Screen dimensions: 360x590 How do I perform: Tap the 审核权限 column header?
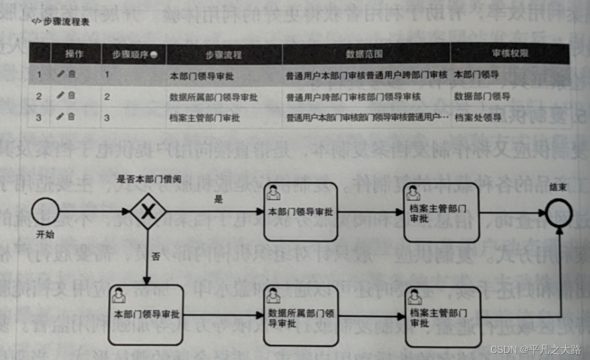click(x=510, y=54)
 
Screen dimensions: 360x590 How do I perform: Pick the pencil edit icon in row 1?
click(x=60, y=75)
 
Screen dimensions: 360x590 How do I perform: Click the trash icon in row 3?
click(x=71, y=117)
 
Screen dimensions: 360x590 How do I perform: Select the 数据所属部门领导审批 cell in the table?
click(x=214, y=97)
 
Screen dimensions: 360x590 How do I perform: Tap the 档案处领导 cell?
click(x=478, y=117)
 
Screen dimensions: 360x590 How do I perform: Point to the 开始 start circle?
click(x=45, y=211)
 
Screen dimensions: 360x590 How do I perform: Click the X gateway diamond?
click(x=149, y=211)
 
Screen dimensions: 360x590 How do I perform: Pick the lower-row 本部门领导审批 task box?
click(x=146, y=315)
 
